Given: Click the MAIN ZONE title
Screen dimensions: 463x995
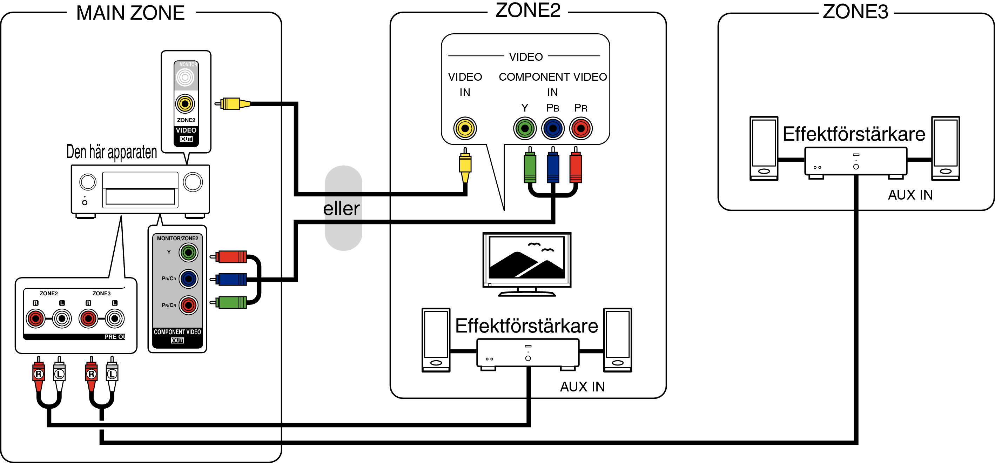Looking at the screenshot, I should pos(130,13).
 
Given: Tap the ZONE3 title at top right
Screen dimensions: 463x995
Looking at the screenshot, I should pos(855,12).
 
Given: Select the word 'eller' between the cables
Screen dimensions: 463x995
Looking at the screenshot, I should pos(342,208).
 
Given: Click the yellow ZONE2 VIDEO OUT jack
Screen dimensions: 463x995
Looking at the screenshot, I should pos(185,103).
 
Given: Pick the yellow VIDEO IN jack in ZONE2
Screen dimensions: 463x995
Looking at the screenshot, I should pos(465,128).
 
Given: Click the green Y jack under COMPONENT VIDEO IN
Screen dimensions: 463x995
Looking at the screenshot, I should pos(525,128).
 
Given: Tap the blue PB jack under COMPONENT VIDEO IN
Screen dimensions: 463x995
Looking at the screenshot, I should pos(553,128).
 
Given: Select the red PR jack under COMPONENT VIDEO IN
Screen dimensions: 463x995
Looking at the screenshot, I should pos(580,128).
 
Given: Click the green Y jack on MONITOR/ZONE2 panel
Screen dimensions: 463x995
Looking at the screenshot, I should pos(188,253).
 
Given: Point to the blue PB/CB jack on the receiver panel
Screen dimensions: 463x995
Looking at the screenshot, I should pos(188,279).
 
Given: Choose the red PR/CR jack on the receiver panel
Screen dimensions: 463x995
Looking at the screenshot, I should pos(188,305).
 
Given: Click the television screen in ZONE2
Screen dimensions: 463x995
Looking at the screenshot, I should pos(527,257).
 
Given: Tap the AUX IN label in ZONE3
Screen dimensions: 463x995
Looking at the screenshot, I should pos(910,195).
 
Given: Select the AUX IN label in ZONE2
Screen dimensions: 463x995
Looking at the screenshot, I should pos(582,387).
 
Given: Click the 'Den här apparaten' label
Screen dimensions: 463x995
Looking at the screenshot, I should pos(112,152).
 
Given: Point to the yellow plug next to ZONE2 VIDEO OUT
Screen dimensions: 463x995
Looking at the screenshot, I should pos(231,103).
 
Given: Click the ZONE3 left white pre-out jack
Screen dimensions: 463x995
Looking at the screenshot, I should pos(115,318).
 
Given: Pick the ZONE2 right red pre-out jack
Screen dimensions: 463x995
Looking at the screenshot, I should pos(35,318).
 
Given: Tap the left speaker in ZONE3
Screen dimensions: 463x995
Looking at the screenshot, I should pos(764,148).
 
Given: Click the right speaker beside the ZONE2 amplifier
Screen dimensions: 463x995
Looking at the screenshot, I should pos(618,340).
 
